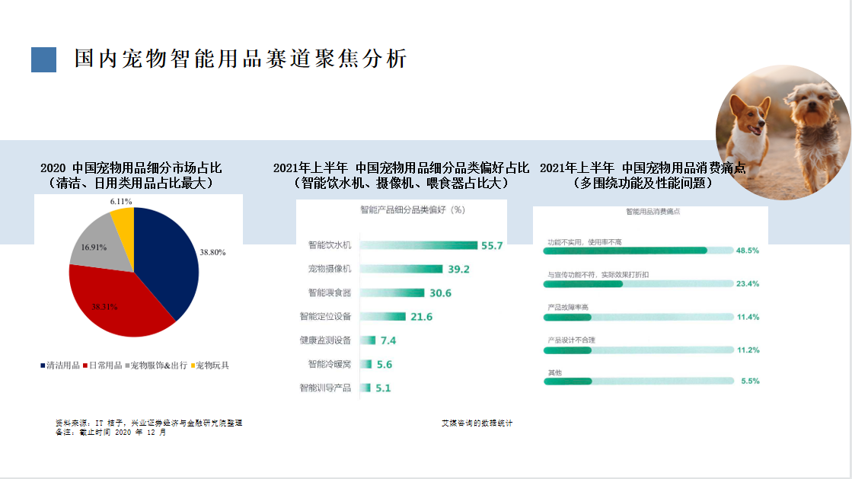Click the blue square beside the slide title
tap(43, 59)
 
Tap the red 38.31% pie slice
tap(114, 301)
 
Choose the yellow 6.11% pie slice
tap(124, 220)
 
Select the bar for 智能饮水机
tap(418, 245)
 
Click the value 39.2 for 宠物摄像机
tap(459, 269)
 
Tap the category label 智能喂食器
tap(329, 292)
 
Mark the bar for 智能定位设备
tap(382, 316)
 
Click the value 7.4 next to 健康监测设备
tap(388, 340)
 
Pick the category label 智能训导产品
tap(325, 388)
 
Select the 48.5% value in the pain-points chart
tap(747, 251)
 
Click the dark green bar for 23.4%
tap(583, 283)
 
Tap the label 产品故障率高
tap(568, 307)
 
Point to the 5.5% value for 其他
tap(750, 381)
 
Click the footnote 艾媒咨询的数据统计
tap(477, 423)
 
